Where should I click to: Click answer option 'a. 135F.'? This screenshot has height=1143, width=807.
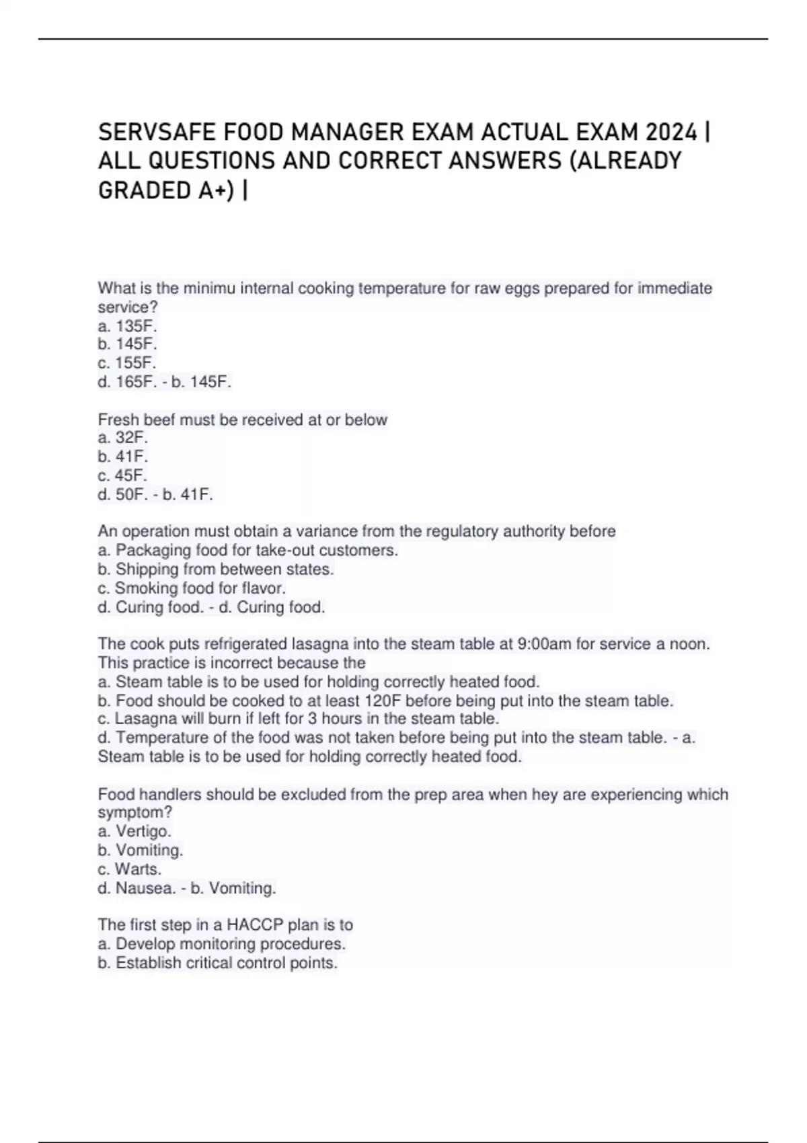pos(127,326)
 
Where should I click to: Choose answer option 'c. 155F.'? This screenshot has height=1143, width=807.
pos(127,363)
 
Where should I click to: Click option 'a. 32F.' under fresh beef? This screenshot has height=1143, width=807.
pos(123,438)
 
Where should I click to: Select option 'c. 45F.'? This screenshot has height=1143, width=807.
pos(122,475)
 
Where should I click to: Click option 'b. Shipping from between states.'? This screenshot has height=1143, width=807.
pos(216,569)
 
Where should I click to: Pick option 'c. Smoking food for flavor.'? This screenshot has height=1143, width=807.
pos(192,588)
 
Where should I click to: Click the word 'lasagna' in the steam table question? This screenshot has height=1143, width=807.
pos(316,644)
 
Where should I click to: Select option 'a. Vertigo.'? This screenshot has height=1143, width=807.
pos(134,832)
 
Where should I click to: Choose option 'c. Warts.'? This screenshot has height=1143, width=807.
pos(130,869)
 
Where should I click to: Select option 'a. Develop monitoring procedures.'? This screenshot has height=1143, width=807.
pos(222,944)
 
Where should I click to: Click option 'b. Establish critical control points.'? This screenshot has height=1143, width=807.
pos(218,963)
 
